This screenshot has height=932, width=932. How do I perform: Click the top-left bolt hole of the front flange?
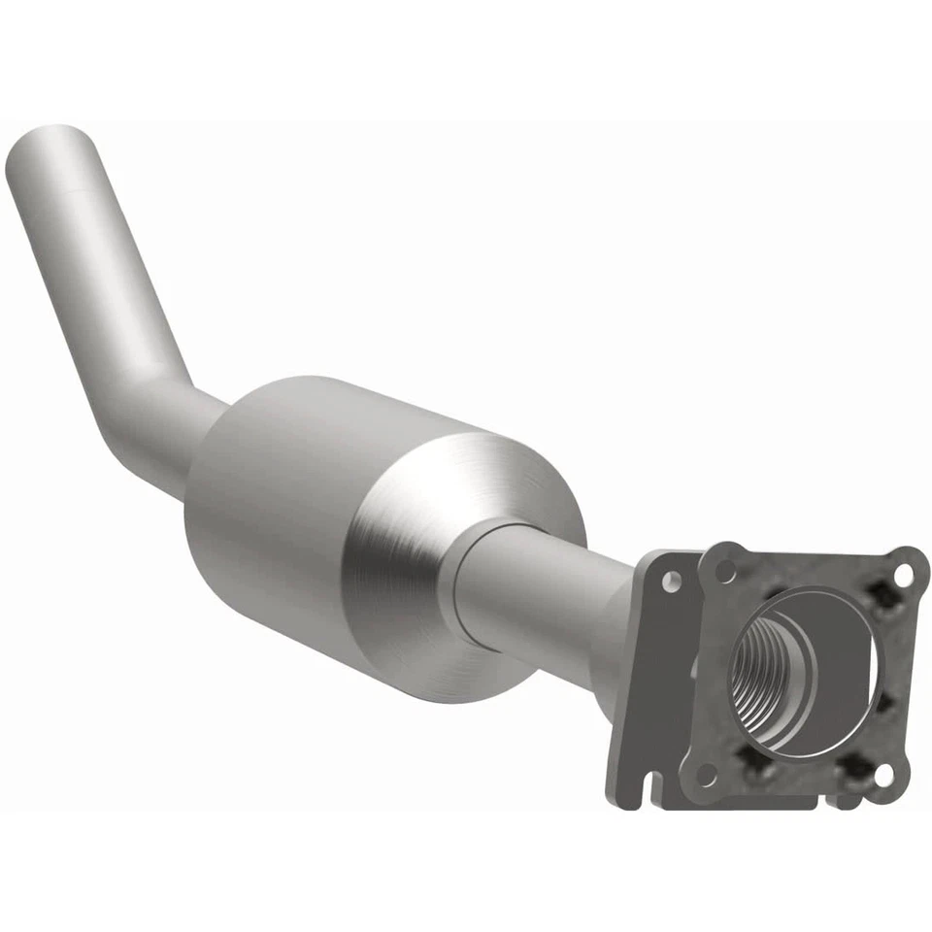click(724, 572)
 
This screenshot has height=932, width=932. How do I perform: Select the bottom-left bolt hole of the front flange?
click(707, 774)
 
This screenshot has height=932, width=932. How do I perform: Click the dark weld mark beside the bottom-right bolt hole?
click(854, 767)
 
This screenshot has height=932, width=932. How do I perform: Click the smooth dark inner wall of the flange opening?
click(835, 670)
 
